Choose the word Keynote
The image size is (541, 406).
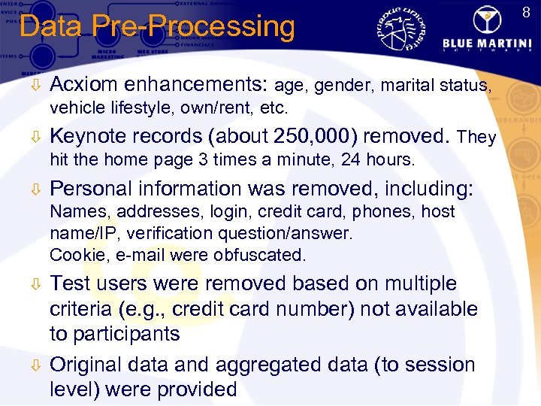pyautogui.click(x=90, y=136)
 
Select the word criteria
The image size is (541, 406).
pyautogui.click(x=83, y=309)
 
